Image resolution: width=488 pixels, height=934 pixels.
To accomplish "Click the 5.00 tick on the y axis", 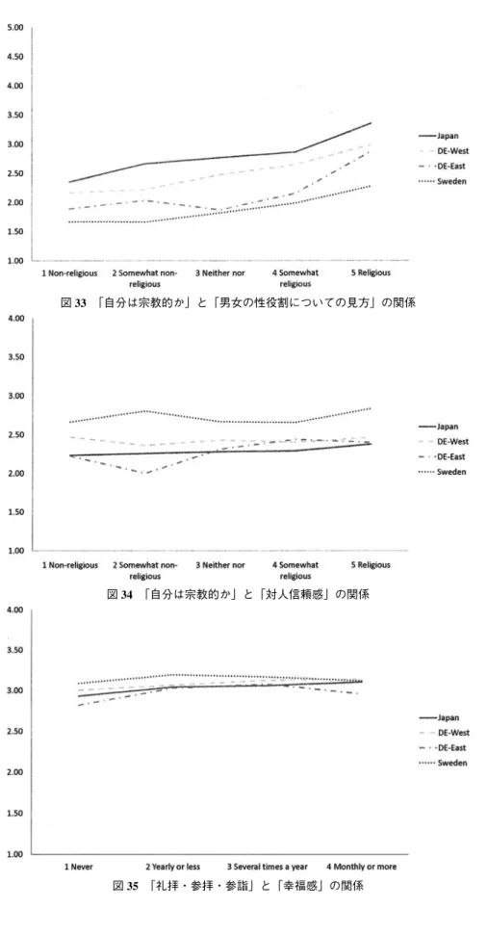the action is (16, 28).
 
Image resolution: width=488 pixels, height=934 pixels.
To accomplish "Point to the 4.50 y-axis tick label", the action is (16, 57).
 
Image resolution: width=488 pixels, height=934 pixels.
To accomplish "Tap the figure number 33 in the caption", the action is (79, 303).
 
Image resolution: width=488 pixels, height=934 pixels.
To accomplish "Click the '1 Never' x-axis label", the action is (79, 867).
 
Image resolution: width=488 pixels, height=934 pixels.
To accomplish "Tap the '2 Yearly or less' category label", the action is (172, 867).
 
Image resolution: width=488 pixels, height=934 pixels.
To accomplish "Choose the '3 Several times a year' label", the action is (268, 867).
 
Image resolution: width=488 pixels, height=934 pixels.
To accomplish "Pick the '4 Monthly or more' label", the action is (361, 867).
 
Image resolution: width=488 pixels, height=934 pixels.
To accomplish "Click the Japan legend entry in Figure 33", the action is (440, 136).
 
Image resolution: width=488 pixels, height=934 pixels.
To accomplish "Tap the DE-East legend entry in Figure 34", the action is (444, 456).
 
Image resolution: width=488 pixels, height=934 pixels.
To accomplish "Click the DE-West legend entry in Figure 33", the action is (444, 151).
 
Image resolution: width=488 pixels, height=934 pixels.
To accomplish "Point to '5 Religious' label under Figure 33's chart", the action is (371, 272).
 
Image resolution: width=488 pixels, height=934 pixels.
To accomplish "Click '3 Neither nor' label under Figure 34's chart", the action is (220, 564).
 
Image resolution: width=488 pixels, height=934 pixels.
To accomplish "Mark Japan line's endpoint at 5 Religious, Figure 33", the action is (371, 122).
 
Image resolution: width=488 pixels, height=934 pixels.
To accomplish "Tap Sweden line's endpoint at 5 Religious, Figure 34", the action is (371, 408).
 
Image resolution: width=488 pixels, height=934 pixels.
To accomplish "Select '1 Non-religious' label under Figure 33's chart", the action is (69, 272).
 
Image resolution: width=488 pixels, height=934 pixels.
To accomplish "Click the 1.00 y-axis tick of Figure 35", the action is (16, 854).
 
